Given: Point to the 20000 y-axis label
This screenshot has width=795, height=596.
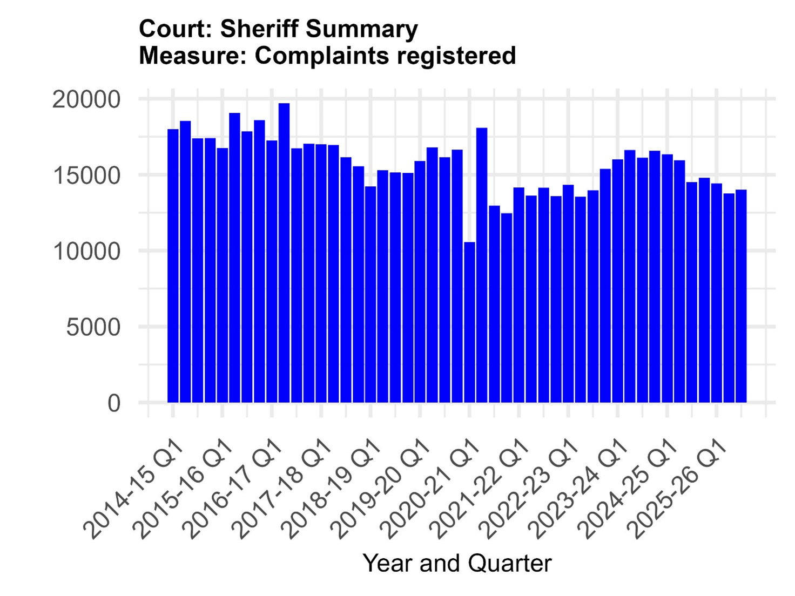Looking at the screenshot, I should (86, 100).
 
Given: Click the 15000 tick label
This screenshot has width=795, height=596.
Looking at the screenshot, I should (86, 176).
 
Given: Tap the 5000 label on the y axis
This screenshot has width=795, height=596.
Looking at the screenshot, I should (93, 327).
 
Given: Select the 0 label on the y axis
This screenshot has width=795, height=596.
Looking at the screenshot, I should (113, 403).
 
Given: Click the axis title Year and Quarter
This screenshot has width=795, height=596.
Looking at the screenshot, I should (457, 563).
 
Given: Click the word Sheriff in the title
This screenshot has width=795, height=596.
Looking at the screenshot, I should (260, 29).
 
